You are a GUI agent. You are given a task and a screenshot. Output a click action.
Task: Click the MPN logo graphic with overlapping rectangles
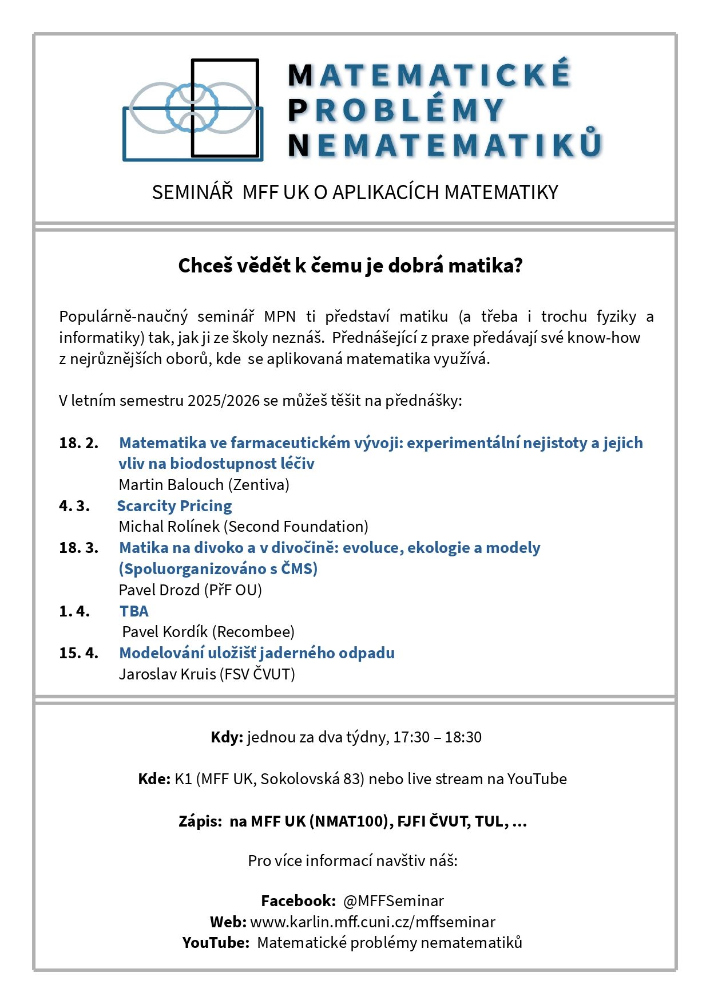193,109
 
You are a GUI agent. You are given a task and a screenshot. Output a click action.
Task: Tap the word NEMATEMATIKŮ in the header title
445,145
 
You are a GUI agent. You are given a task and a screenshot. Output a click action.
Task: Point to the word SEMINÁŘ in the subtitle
192,192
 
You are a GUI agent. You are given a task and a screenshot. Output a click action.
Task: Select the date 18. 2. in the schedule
78,442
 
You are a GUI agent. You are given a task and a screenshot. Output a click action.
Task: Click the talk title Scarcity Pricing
174,505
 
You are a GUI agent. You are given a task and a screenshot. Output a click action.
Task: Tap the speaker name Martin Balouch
171,484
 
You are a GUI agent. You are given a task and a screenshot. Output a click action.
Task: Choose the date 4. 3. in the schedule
74,505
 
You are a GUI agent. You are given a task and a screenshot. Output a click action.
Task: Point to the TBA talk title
134,611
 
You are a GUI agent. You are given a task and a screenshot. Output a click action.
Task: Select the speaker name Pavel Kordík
165,631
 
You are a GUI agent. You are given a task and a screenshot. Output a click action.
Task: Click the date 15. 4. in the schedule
78,653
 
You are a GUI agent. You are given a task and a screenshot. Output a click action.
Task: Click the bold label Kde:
154,778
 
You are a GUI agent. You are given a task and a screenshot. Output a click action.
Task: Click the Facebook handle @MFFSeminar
393,900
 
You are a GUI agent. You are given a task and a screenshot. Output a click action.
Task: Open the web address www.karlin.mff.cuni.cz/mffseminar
372,922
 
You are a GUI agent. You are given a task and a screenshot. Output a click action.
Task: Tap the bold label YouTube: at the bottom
216,942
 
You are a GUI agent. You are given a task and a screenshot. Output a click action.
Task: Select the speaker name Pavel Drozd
159,590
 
